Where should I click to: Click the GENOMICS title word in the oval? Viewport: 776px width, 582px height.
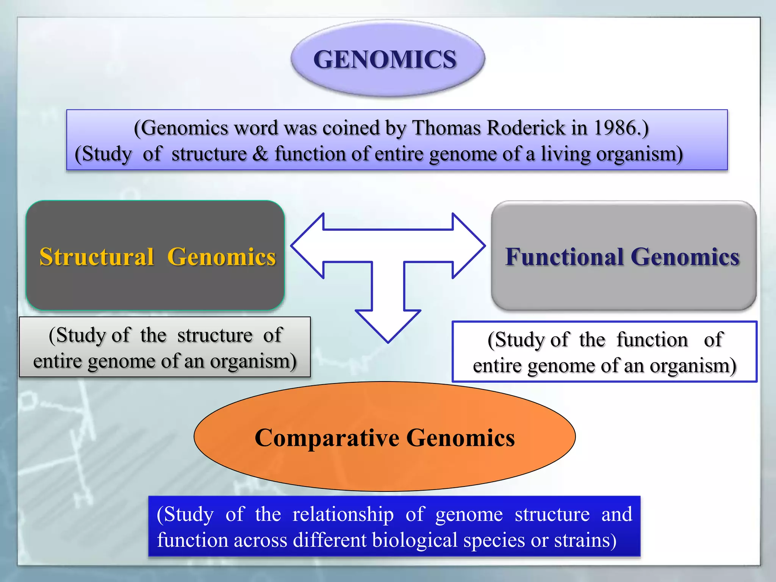coord(385,59)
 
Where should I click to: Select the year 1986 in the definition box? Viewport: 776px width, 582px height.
coord(615,128)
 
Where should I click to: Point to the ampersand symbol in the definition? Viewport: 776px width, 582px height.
coord(260,154)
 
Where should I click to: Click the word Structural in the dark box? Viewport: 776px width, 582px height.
coord(97,257)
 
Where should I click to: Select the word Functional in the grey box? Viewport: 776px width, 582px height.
coord(565,257)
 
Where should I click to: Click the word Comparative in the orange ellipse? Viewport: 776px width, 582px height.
coord(327,438)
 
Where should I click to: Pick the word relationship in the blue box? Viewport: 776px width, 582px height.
coord(343,515)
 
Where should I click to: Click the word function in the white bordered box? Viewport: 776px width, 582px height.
coord(652,339)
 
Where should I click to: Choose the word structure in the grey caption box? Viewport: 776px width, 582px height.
coord(215,335)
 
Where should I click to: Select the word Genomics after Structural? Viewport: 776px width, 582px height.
coord(222,257)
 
